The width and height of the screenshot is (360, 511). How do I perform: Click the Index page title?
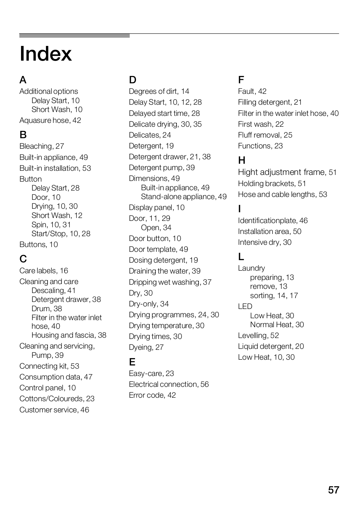(46, 54)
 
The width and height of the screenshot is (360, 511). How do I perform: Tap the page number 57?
(334, 490)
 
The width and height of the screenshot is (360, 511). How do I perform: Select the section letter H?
(242, 160)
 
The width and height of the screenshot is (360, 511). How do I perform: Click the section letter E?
(132, 362)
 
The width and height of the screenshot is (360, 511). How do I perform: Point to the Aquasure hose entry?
(50, 120)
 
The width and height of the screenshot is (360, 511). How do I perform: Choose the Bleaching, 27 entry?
(42, 146)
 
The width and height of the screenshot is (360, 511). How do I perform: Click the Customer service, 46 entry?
(54, 410)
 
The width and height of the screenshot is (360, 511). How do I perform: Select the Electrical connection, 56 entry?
(169, 384)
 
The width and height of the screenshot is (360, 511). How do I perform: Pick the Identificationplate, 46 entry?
(273, 221)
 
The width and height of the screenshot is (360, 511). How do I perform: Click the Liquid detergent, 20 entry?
(271, 346)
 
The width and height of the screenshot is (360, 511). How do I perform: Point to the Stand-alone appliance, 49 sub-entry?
(184, 197)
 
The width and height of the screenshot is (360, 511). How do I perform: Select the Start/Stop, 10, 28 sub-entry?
(61, 234)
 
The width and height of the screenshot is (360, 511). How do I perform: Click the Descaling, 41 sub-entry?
(54, 290)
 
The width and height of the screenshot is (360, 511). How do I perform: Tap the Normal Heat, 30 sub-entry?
(277, 325)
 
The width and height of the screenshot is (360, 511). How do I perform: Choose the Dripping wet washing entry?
(170, 282)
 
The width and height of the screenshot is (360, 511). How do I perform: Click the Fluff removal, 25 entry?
(265, 135)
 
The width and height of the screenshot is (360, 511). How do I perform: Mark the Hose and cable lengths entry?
(282, 194)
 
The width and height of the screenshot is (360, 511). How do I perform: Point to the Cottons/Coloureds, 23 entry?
(57, 399)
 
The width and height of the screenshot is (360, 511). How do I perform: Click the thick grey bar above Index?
(74, 35)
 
